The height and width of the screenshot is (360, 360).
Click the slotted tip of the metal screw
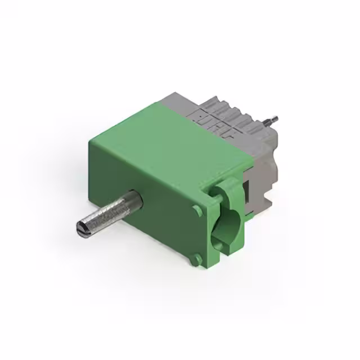80,228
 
